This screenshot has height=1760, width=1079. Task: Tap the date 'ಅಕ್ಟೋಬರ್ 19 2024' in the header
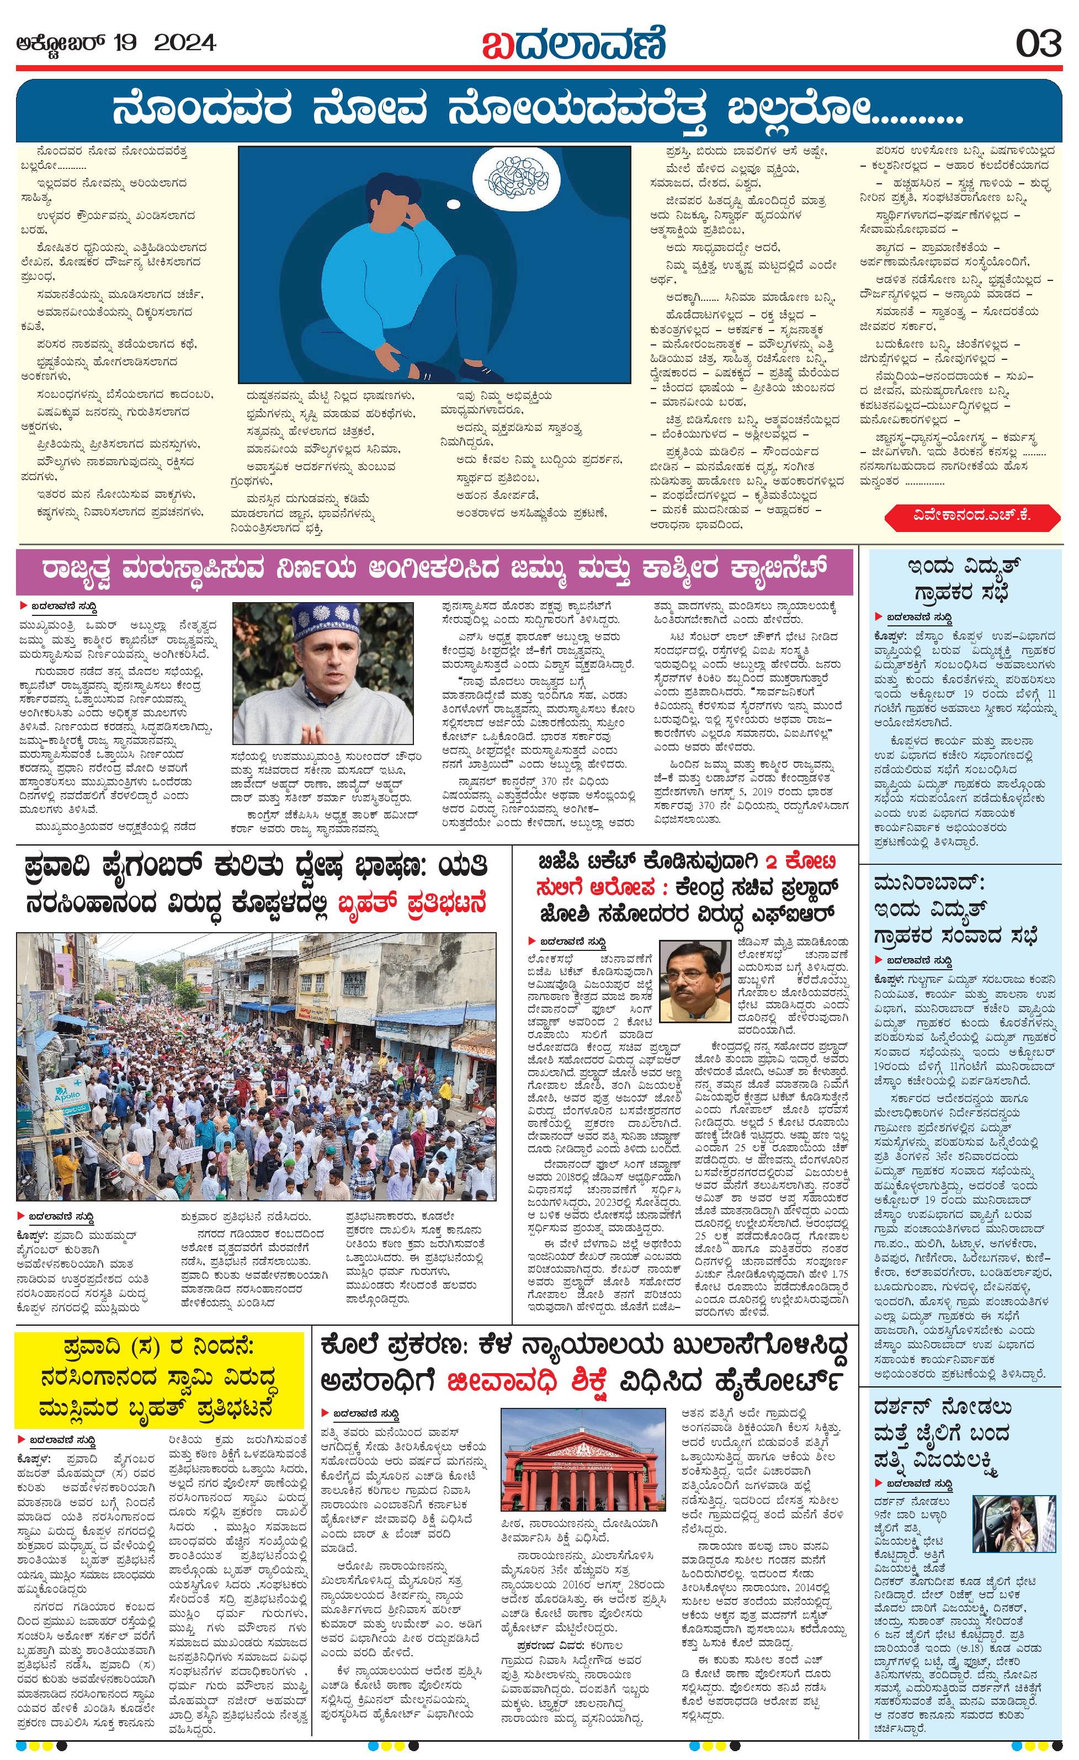pyautogui.click(x=116, y=44)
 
